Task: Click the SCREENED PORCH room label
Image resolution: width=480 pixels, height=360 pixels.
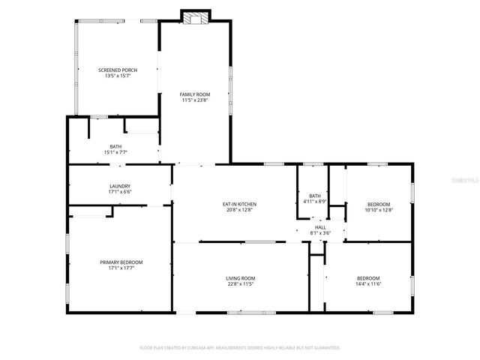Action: click(x=118, y=70)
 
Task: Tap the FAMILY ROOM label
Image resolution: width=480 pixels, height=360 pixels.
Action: click(x=194, y=94)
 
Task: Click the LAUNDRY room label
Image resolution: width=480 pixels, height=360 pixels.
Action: click(x=120, y=186)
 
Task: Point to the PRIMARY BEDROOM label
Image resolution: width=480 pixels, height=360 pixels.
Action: click(x=121, y=262)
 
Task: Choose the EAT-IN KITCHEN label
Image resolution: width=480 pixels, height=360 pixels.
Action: click(x=240, y=204)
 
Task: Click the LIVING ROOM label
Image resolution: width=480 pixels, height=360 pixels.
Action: click(x=241, y=279)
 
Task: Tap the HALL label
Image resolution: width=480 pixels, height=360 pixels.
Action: click(x=320, y=227)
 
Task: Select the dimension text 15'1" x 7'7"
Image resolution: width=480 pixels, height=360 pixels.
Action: click(x=116, y=152)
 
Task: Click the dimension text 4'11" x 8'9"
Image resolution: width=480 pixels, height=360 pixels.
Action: click(x=314, y=201)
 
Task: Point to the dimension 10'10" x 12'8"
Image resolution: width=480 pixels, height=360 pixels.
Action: click(x=378, y=210)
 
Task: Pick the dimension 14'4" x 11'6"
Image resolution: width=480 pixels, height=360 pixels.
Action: click(x=367, y=284)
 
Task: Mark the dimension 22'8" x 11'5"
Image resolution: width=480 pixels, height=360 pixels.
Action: click(x=241, y=285)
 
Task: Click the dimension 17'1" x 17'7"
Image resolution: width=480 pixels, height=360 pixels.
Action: click(x=121, y=268)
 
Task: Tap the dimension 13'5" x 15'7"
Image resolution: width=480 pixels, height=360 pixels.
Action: click(x=118, y=76)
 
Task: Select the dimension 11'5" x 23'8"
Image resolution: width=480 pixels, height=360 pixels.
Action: click(x=194, y=100)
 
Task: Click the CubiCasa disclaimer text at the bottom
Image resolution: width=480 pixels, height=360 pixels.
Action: click(x=240, y=348)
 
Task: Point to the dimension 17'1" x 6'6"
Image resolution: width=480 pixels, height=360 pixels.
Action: click(x=120, y=192)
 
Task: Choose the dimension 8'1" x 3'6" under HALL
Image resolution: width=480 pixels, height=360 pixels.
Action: click(x=320, y=233)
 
